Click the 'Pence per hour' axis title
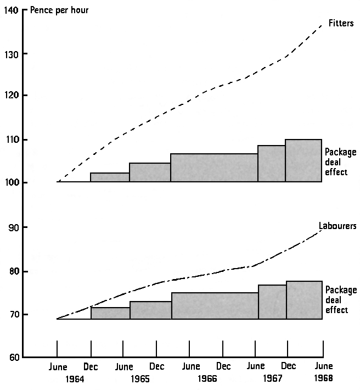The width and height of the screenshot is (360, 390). (59, 10)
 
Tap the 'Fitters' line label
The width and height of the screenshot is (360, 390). (341, 23)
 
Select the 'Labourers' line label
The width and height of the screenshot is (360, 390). (337, 226)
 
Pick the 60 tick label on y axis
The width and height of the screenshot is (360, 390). (12, 358)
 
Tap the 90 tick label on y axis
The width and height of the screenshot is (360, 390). (12, 227)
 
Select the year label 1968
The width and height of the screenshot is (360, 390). (323, 378)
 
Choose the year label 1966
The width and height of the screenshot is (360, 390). (207, 378)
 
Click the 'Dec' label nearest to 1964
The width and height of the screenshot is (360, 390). (91, 366)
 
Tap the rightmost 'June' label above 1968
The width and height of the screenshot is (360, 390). (323, 366)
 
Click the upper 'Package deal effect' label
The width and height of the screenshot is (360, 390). (340, 162)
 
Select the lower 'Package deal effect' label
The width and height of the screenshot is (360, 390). (340, 300)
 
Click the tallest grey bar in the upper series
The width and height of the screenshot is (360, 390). (303, 160)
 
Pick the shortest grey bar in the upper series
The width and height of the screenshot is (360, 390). (110, 177)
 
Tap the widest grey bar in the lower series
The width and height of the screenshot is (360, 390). (215, 305)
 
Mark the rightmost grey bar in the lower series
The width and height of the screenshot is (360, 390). (304, 300)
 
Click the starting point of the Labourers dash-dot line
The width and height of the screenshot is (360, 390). (58, 319)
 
